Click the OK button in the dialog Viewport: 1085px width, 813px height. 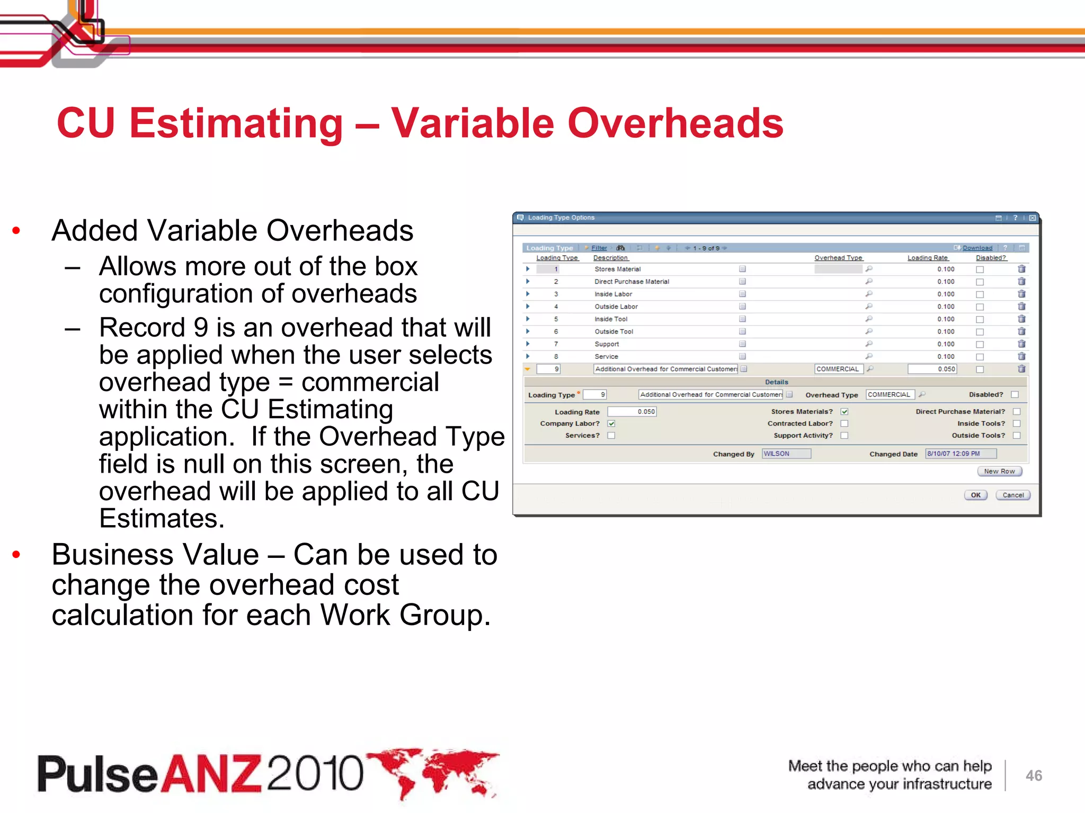[x=975, y=495]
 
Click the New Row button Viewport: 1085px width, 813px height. [x=999, y=471]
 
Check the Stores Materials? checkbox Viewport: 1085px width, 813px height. [x=844, y=411]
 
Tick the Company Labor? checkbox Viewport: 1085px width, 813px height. [x=611, y=423]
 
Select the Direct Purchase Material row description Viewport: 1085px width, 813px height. [x=632, y=282]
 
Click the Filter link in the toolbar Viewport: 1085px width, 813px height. [x=599, y=248]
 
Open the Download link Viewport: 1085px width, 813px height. [x=977, y=248]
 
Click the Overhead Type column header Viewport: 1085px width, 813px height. [x=838, y=258]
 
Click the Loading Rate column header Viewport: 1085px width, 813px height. [x=928, y=258]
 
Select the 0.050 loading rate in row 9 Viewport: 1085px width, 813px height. [x=932, y=369]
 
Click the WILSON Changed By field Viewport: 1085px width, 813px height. [x=786, y=454]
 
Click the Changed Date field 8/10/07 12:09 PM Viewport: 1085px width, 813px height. [x=960, y=454]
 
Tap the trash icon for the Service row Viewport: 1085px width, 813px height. [x=1021, y=356]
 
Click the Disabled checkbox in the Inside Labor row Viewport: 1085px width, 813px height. [x=980, y=294]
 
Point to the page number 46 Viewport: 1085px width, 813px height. [x=1034, y=775]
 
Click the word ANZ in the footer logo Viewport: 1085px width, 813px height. [x=211, y=774]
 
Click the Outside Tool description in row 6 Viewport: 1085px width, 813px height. [x=613, y=331]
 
